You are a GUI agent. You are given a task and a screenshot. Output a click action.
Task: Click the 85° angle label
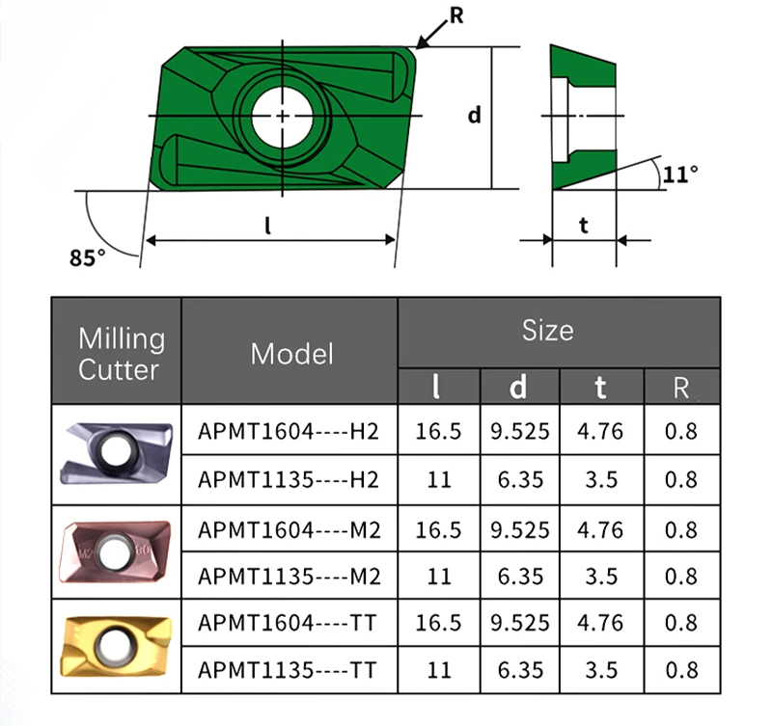[x=88, y=257]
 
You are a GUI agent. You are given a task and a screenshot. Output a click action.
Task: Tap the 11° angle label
[x=680, y=175]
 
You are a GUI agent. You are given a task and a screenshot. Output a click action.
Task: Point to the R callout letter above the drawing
[x=456, y=15]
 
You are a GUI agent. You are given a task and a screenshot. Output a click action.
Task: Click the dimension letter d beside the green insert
[x=474, y=115]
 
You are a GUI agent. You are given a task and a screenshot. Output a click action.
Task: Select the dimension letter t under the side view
[x=584, y=226]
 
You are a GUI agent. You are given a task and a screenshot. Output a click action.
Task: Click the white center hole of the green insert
[x=282, y=116]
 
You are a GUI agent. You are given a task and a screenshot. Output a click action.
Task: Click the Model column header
[x=292, y=354]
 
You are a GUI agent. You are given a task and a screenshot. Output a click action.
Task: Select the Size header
[x=547, y=330]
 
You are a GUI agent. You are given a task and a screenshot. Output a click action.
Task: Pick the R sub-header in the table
[x=681, y=389]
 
